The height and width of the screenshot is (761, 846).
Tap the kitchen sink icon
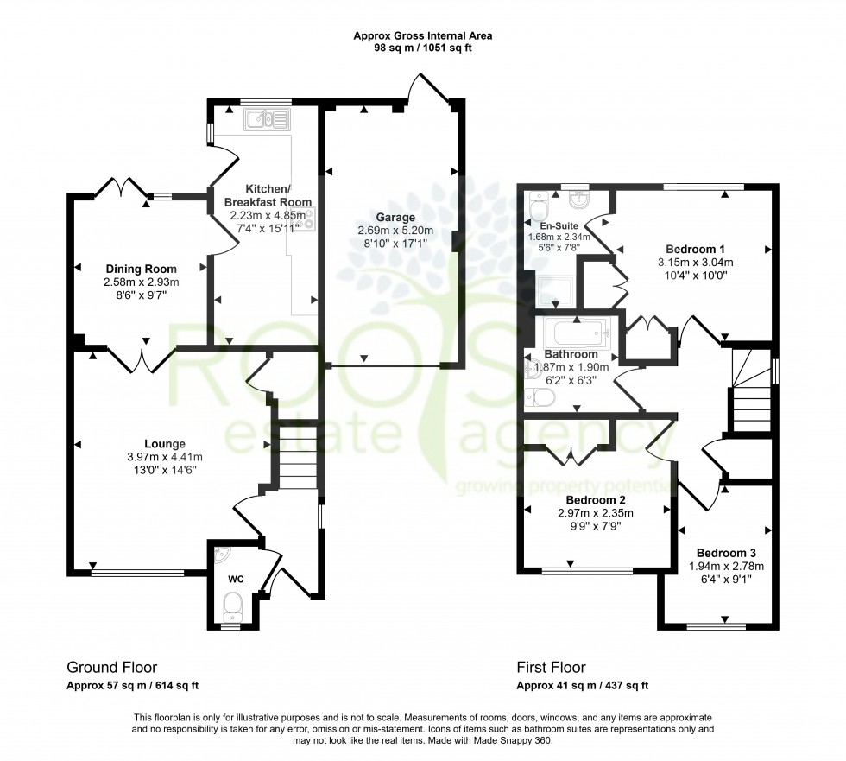click(x=268, y=119)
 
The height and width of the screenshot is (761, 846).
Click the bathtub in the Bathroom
click(x=577, y=333)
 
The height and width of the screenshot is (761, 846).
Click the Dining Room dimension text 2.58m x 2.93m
click(x=142, y=282)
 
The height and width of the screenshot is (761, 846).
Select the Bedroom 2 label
click(x=595, y=499)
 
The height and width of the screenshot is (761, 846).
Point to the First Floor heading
click(x=551, y=668)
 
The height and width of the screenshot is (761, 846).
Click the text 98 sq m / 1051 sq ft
click(x=422, y=48)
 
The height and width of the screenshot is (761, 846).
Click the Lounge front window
click(x=138, y=571)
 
